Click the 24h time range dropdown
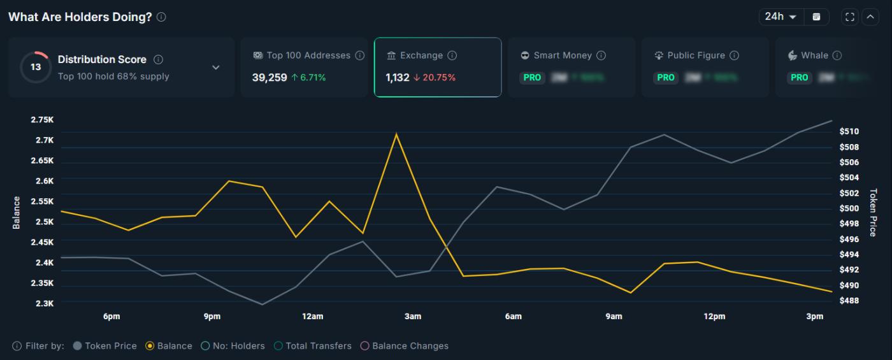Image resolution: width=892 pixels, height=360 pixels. click(780, 17)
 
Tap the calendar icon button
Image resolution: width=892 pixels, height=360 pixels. click(816, 17)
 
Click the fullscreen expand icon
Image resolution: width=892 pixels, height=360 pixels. click(849, 17)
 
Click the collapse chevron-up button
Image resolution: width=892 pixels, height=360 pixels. click(870, 17)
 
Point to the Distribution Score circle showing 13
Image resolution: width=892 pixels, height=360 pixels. click(36, 67)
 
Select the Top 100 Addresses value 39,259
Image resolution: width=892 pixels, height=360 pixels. click(270, 78)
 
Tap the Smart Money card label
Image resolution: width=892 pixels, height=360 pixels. click(563, 55)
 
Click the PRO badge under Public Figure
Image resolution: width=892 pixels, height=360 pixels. click(666, 77)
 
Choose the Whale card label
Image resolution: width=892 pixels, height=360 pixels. click(814, 55)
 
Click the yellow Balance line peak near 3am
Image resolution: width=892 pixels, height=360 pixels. click(396, 134)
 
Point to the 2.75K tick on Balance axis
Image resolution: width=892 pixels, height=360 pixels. click(42, 120)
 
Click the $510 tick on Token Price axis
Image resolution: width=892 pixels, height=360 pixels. click(849, 131)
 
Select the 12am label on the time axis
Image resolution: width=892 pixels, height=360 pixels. click(312, 316)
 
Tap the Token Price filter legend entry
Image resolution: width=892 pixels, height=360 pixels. click(105, 346)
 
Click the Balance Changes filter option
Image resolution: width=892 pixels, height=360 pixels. click(405, 346)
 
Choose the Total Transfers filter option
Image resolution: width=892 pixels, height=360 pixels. click(313, 346)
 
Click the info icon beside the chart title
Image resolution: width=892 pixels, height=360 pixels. click(161, 17)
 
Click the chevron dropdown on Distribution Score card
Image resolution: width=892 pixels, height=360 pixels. click(216, 68)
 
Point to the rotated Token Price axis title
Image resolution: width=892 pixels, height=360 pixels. click(873, 212)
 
